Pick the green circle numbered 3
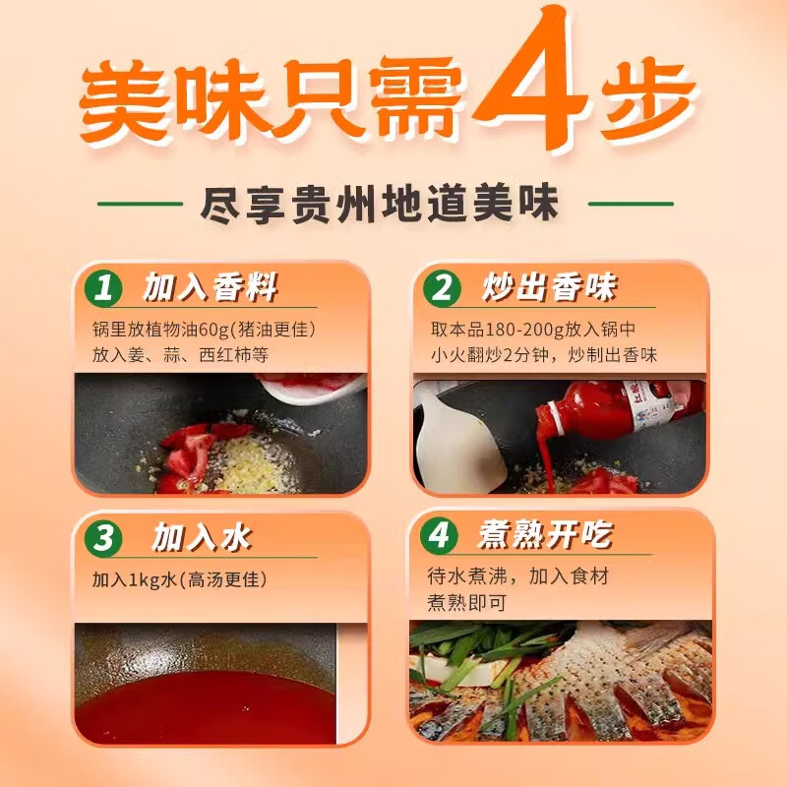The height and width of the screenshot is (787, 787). (x=103, y=539)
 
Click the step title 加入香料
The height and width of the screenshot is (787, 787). (x=209, y=288)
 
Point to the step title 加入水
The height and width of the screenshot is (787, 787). (x=202, y=538)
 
